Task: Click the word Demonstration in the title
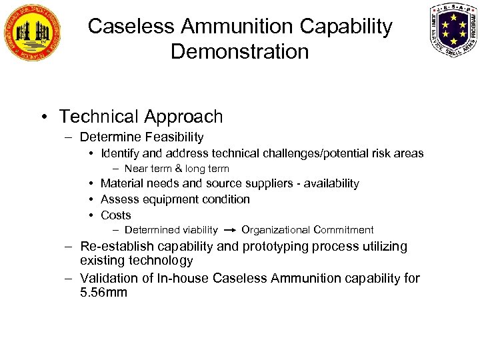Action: tap(240, 51)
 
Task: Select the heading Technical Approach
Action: tap(141, 117)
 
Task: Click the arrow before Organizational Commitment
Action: tap(229, 230)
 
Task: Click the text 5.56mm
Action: tap(103, 292)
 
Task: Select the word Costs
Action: tap(115, 215)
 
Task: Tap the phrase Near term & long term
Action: tap(177, 169)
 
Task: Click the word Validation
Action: tap(108, 277)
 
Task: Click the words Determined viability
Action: tap(171, 230)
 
